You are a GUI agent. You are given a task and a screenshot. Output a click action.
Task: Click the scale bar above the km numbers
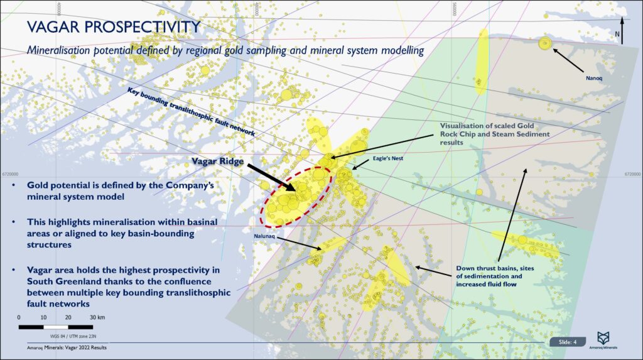(x=56, y=327)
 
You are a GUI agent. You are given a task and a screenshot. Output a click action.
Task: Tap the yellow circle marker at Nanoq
(x=544, y=43)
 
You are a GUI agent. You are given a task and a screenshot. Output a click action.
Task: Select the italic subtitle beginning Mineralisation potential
(x=220, y=49)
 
